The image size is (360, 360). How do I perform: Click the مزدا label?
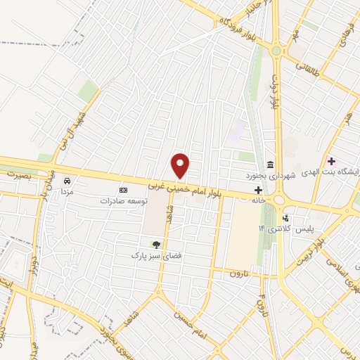point(67,191)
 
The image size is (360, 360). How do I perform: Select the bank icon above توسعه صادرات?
point(124,190)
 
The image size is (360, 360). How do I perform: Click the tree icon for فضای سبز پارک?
point(155,245)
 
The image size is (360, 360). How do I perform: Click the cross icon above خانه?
point(258,190)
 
